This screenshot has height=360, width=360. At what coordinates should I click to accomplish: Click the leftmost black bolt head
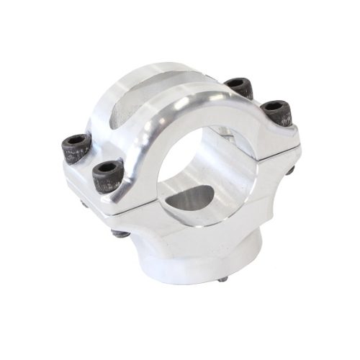click(x=74, y=147)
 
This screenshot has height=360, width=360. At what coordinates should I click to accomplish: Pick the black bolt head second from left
click(x=106, y=172)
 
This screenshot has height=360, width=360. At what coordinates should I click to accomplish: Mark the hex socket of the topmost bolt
click(x=238, y=84)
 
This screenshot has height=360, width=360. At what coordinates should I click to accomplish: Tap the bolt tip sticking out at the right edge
click(x=292, y=170)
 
